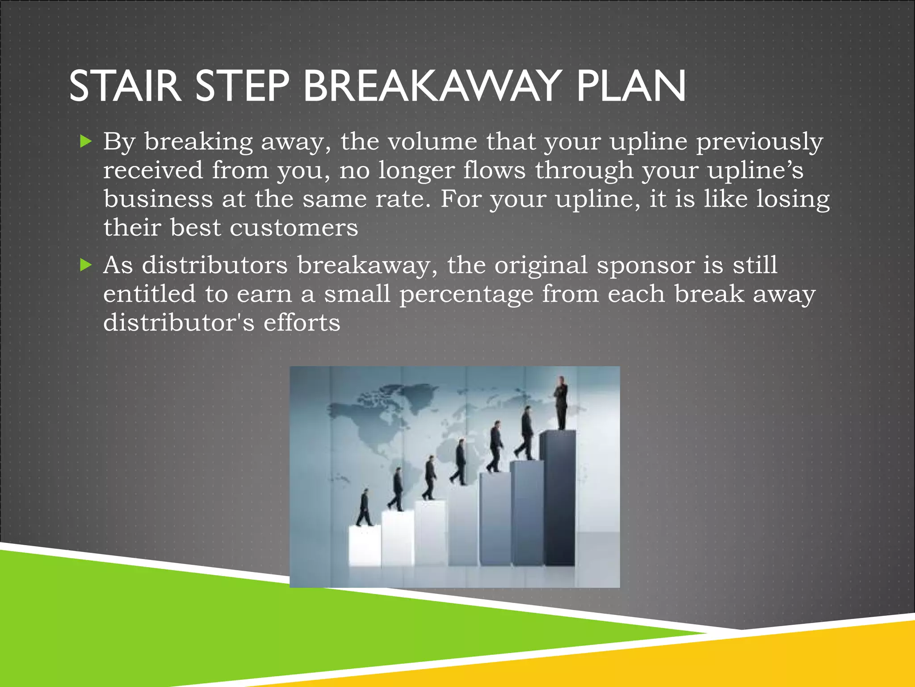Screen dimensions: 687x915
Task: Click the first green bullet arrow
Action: pos(85,142)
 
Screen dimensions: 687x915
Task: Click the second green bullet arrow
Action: pos(85,265)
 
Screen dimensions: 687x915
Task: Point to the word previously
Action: pos(760,142)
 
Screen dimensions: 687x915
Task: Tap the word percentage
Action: pos(466,295)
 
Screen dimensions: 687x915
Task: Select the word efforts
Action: pos(302,323)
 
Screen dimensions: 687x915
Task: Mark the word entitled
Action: pos(149,294)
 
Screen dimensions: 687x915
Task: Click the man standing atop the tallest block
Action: pos(561,403)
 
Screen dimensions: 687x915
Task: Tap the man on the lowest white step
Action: pos(365,508)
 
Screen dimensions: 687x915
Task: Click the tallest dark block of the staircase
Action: pos(557,496)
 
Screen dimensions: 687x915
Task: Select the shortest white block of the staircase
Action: pos(365,546)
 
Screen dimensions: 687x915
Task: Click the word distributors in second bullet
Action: pos(214,265)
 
